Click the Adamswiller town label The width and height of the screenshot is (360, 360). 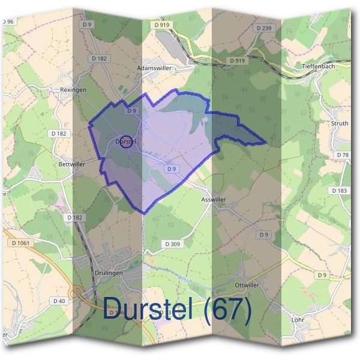click(155, 68)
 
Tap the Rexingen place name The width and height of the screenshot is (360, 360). click(74, 89)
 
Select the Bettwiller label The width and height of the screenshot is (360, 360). click(72, 163)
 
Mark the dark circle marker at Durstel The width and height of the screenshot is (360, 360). click(126, 142)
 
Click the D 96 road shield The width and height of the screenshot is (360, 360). click(7, 22)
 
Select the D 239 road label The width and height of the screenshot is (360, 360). click(263, 28)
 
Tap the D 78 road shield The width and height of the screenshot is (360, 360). click(343, 155)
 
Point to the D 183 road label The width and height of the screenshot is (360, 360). click(339, 190)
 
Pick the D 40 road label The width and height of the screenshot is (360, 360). click(59, 301)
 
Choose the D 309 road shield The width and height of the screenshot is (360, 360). click(172, 244)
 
